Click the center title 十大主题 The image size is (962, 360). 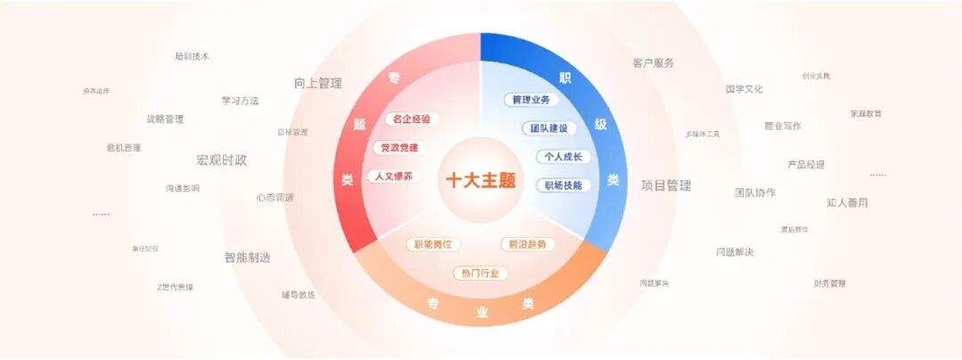[481, 180]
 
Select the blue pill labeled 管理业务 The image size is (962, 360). [531, 100]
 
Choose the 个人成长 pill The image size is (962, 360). [563, 157]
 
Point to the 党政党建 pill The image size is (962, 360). [399, 147]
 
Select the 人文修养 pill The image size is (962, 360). [393, 176]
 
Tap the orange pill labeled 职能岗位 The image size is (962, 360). [434, 244]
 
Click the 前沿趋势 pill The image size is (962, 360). [527, 244]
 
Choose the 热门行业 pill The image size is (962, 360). [480, 273]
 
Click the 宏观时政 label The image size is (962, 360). [222, 160]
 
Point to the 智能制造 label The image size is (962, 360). [248, 258]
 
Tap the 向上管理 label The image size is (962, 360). [318, 83]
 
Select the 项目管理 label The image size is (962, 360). [666, 185]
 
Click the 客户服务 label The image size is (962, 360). [654, 63]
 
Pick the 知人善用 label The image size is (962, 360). [847, 202]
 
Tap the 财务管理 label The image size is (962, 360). [829, 283]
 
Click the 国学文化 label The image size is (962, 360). [744, 89]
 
